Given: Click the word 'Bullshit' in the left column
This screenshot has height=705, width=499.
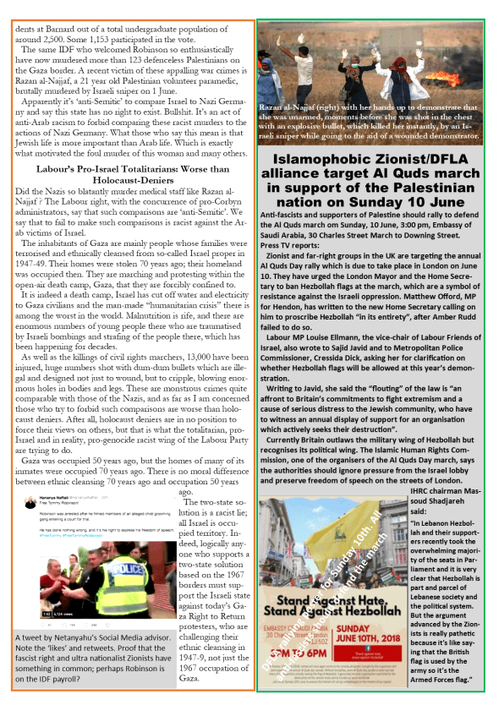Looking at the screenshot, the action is (x=207, y=122).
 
